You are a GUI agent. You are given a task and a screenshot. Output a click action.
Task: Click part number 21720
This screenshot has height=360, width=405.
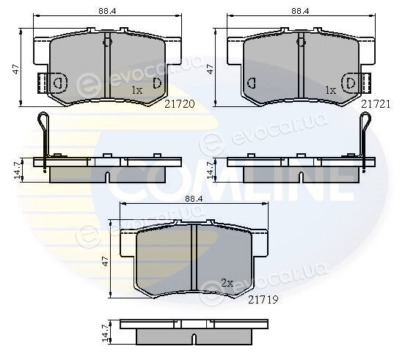[180, 104]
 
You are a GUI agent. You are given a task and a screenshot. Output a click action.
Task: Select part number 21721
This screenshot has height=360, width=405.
[376, 104]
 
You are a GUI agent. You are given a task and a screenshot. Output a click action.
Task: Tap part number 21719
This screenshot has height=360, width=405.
[263, 300]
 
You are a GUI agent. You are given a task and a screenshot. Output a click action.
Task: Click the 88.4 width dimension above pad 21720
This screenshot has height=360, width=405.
[107, 11]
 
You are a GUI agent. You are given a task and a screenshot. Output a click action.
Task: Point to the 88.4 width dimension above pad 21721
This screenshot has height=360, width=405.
[300, 11]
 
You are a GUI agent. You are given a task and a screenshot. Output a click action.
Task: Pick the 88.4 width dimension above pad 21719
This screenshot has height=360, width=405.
[194, 199]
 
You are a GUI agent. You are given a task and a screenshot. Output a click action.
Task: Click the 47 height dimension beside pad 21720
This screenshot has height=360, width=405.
[16, 69]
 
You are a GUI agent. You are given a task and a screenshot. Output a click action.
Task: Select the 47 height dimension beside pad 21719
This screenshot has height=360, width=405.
[106, 260]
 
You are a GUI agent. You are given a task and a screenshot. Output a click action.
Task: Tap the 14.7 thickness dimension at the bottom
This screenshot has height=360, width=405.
[106, 333]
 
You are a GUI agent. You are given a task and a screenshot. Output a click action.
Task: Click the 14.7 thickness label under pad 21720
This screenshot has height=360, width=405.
[18, 171]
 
